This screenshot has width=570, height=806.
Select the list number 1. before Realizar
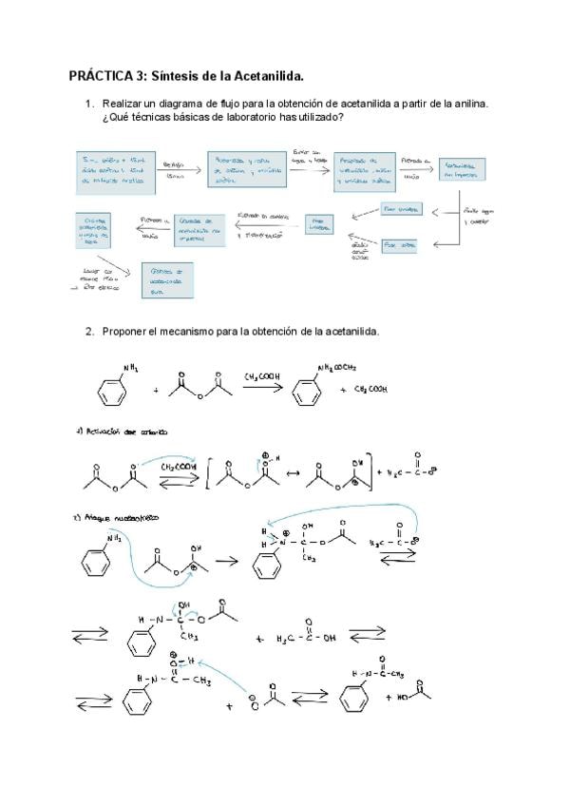(x=89, y=104)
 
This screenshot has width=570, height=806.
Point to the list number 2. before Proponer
(x=89, y=332)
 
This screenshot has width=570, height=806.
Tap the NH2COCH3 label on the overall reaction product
(x=336, y=369)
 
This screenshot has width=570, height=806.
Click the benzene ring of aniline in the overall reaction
(x=112, y=391)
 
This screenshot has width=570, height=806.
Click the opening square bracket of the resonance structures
(x=208, y=469)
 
